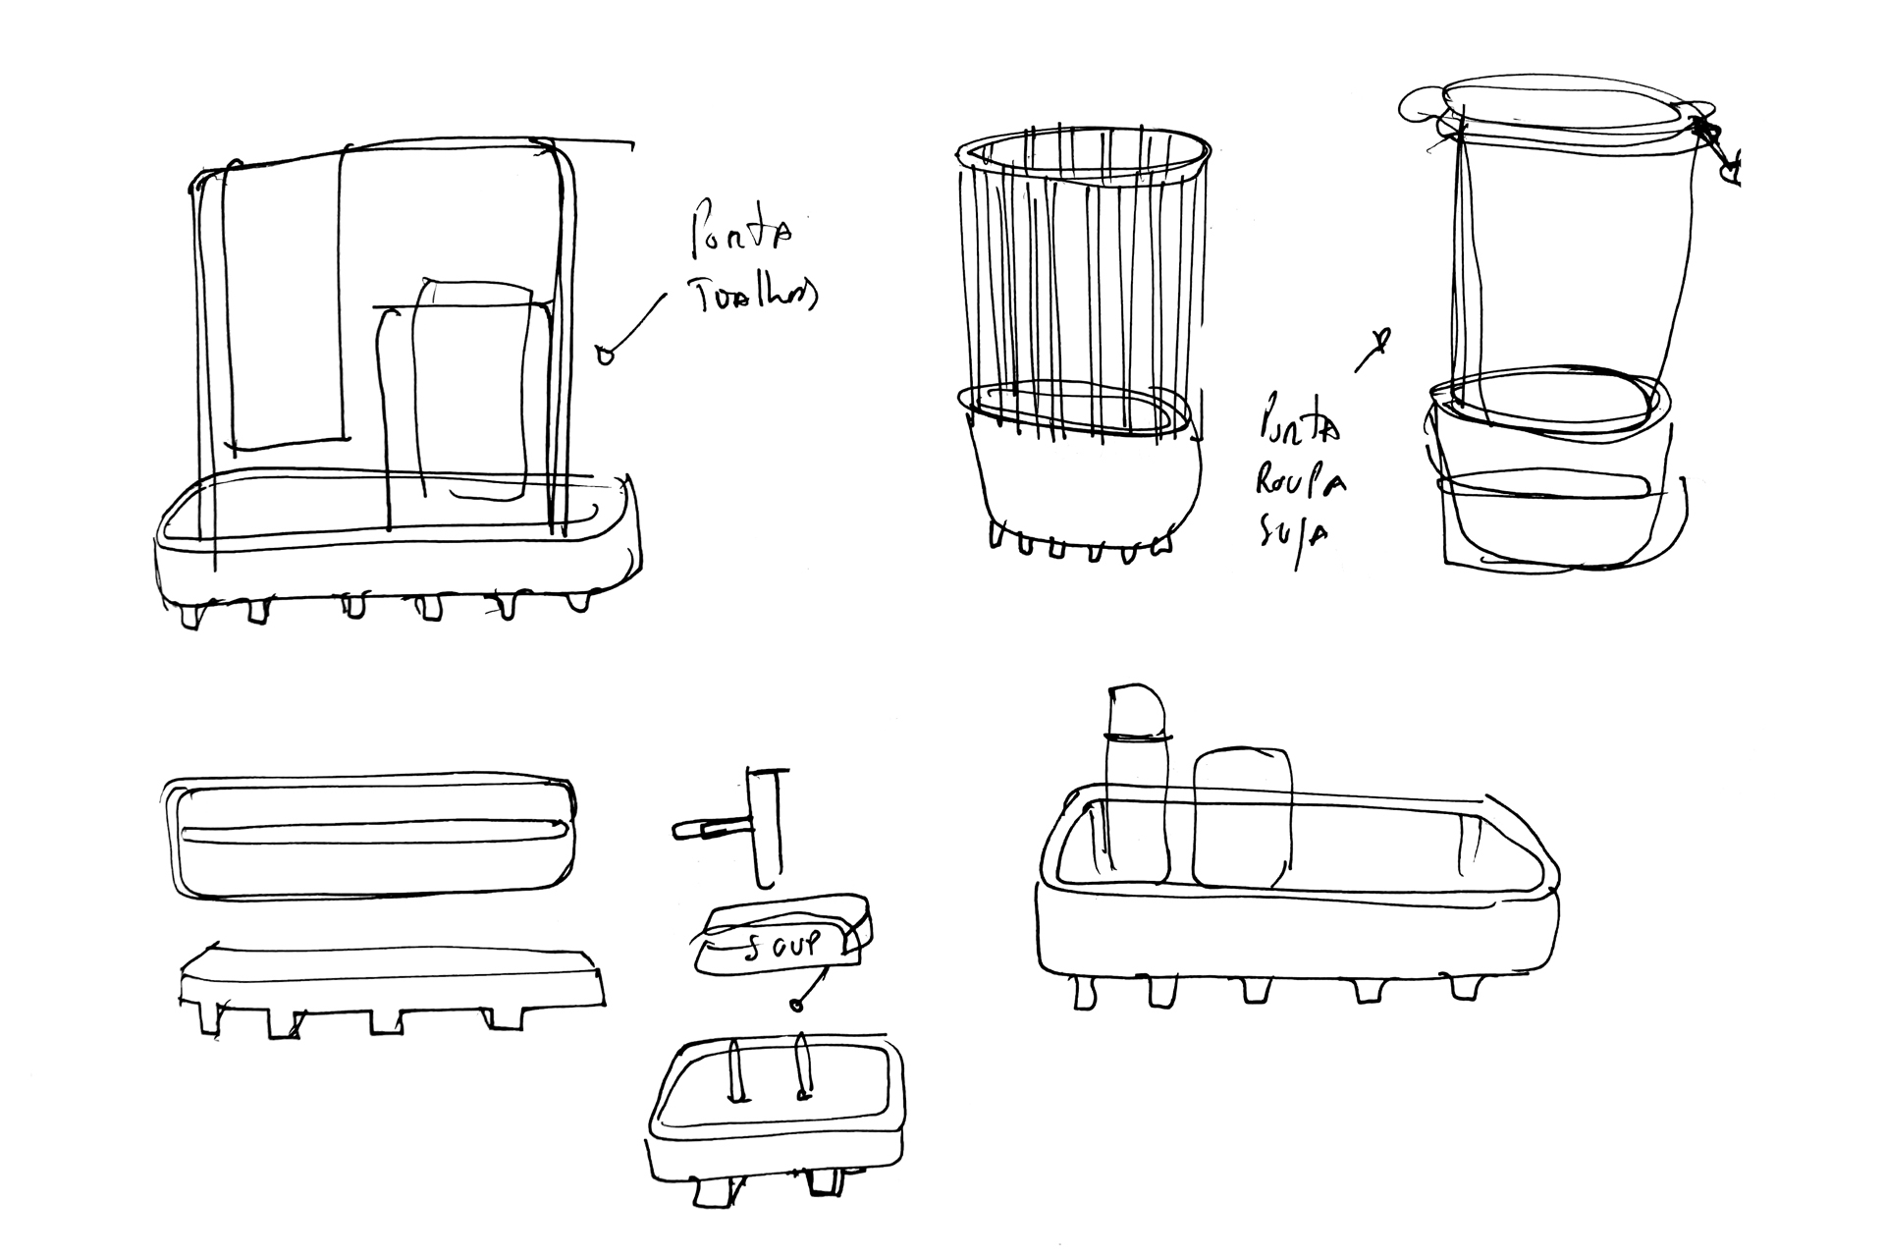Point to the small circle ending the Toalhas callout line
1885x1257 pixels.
pos(606,355)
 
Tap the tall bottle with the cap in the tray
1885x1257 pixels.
pos(1137,786)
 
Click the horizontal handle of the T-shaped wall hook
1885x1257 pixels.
pos(707,830)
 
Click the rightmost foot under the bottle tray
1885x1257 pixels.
pos(1465,988)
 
